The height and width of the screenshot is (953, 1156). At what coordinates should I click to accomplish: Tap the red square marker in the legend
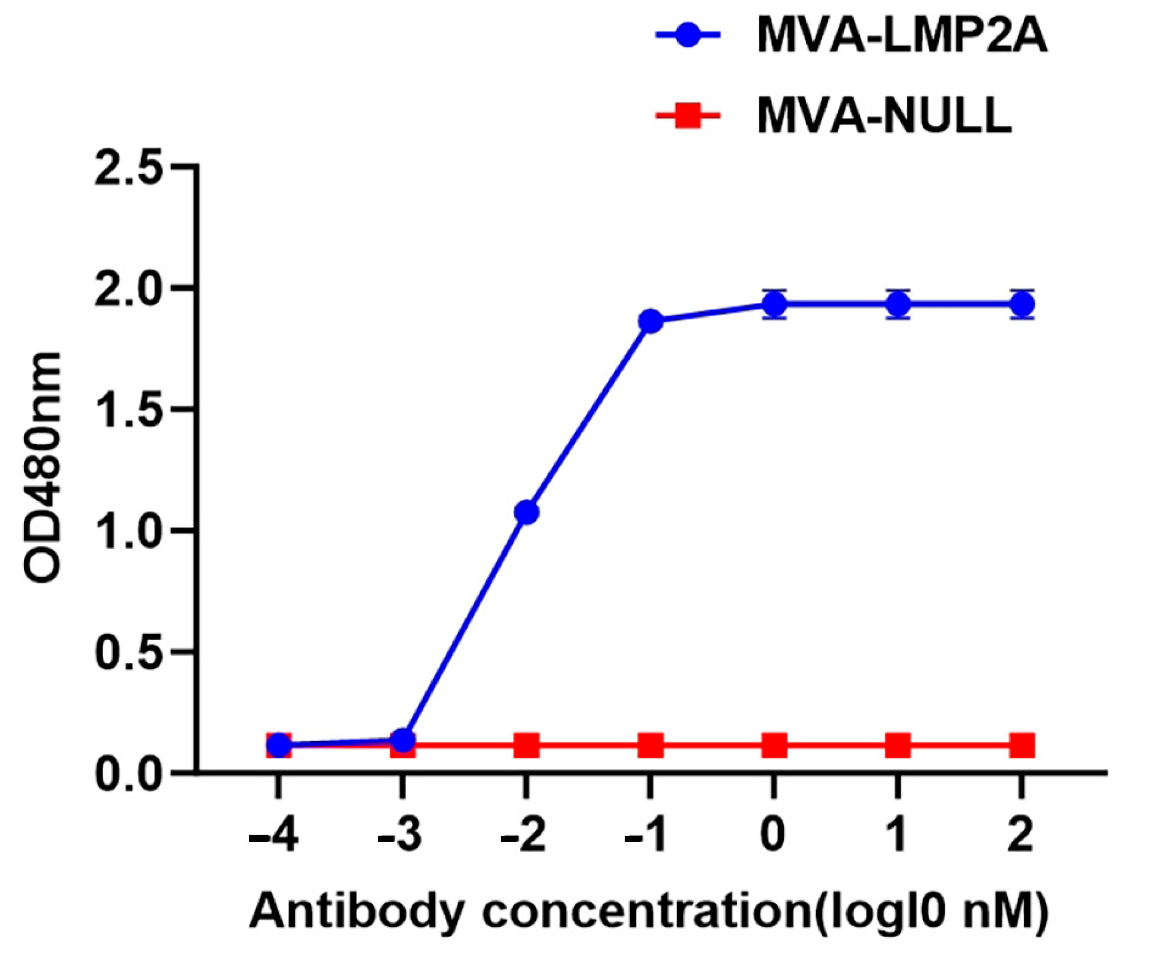click(687, 117)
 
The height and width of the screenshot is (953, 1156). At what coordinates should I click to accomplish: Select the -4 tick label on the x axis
click(273, 837)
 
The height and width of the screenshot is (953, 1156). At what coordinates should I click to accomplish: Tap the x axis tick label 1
click(898, 837)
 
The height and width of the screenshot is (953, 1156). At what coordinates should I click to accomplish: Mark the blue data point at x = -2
click(526, 512)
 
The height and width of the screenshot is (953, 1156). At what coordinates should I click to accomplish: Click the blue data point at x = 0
click(774, 303)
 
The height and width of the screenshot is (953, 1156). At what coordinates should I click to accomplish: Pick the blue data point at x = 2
click(1022, 304)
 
